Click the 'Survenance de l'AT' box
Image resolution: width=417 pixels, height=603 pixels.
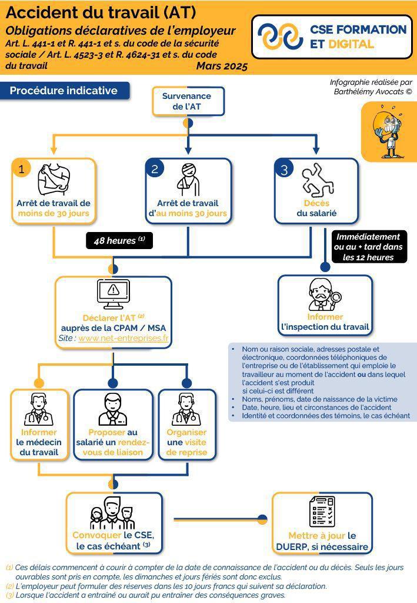188,101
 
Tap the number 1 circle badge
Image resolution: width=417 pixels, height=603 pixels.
22,169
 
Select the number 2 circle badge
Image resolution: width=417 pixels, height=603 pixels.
155,169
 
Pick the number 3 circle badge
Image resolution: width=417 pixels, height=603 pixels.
284,170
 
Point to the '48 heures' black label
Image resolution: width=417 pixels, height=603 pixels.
119,241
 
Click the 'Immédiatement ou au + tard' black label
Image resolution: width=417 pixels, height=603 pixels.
368,247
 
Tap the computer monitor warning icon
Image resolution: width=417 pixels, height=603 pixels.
114,294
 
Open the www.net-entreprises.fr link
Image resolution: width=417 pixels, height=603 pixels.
124,338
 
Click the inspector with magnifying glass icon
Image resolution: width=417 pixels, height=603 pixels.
325,294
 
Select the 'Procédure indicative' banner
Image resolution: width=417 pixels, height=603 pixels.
64,91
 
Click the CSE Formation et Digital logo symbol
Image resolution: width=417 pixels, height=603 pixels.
281,37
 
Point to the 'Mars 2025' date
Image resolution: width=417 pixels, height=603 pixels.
222,66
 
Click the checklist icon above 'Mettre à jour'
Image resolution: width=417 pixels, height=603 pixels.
322,512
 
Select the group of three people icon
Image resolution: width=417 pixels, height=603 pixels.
113,513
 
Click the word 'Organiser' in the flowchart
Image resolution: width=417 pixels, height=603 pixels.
186,432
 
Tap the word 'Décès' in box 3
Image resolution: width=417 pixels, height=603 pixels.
317,203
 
